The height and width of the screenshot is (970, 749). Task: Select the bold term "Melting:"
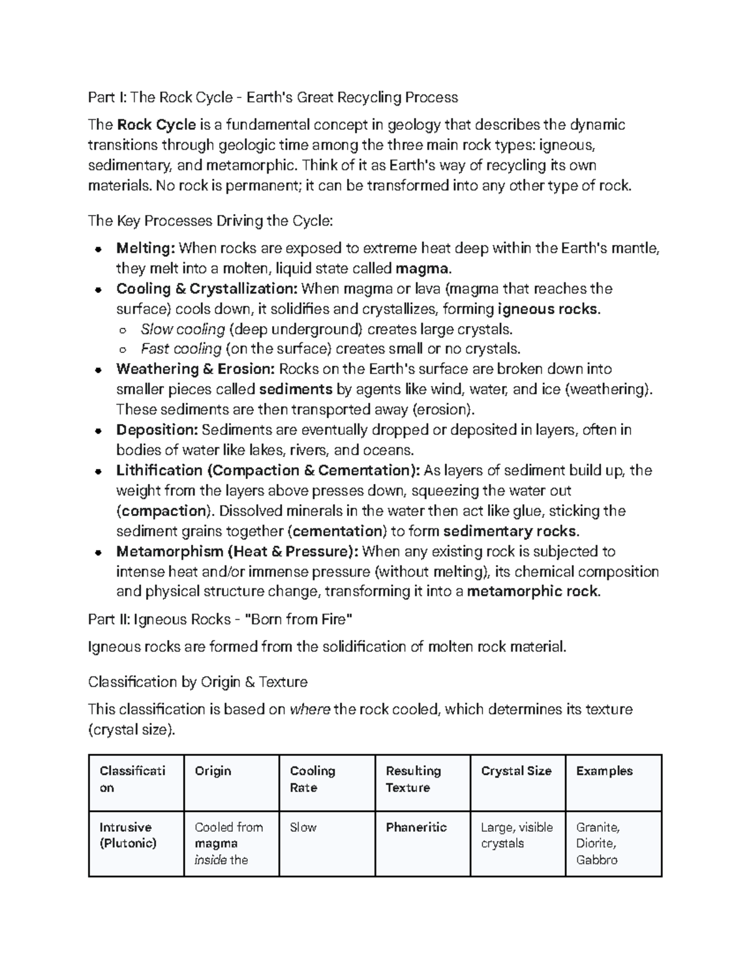[145, 249]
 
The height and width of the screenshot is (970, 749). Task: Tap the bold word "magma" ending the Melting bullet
[422, 269]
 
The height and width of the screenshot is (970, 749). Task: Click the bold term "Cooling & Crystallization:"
[207, 289]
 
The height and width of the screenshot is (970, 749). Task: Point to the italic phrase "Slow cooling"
[183, 329]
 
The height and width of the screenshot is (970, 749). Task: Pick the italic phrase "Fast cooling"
[182, 349]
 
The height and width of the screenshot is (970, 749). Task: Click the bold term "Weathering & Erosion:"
[195, 369]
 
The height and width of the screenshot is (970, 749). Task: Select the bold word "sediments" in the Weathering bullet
[295, 390]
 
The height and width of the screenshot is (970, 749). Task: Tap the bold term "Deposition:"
[157, 430]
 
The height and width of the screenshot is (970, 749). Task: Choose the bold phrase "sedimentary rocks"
[509, 532]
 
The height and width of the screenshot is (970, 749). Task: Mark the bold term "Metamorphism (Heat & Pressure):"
[237, 552]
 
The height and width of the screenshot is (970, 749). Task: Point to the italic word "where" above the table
[310, 710]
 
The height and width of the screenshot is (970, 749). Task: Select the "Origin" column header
[213, 771]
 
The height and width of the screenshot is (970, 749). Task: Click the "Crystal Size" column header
[516, 771]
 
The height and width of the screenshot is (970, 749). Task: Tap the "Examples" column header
[604, 771]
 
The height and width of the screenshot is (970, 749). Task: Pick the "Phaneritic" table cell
[416, 828]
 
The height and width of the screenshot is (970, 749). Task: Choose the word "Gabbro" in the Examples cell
[597, 860]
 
